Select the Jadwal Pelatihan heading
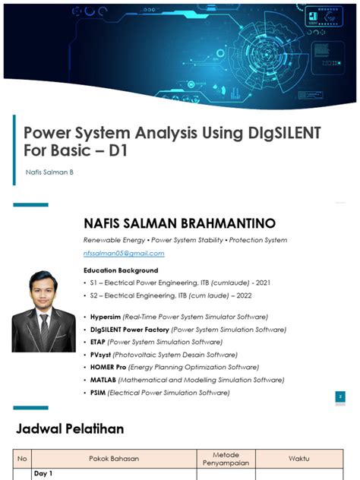click(70, 429)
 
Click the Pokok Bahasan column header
click(113, 458)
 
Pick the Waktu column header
click(298, 458)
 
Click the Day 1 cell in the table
click(46, 474)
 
